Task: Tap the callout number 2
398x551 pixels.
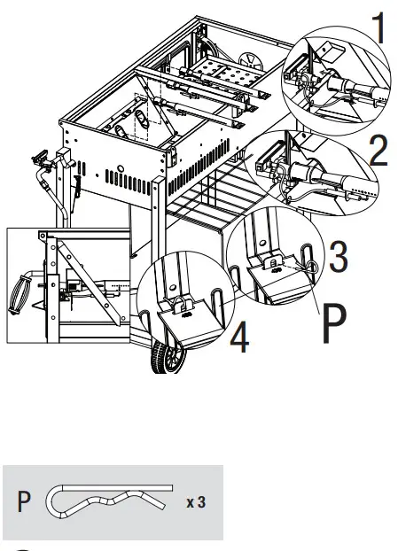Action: (x=378, y=151)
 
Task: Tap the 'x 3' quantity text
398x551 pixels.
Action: (x=197, y=502)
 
